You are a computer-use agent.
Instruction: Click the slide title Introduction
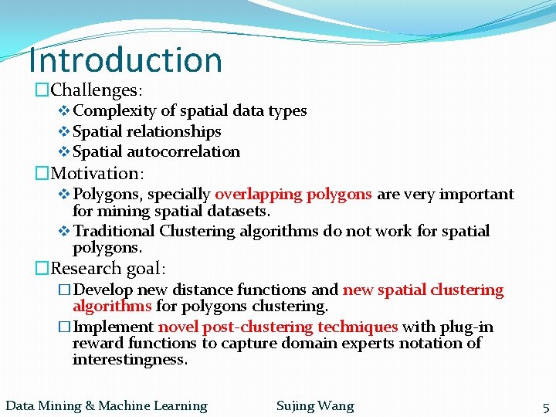pos(125,59)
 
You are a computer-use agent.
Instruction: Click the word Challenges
pos(93,91)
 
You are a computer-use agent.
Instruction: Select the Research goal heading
pos(107,269)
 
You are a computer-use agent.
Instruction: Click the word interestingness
pos(130,360)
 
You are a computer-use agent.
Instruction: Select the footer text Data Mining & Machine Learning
pos(107,405)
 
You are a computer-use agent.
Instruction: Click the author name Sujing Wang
pos(315,405)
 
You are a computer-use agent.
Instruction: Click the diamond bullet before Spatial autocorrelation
pos(64,152)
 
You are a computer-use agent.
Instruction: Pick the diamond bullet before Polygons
pos(64,194)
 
